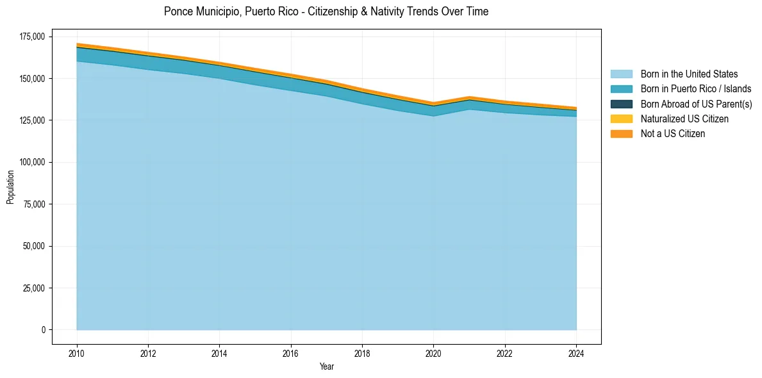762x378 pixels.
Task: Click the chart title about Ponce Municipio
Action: point(326,12)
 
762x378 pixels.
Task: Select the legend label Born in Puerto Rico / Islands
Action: point(696,89)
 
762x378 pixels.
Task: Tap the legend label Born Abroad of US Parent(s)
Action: point(696,104)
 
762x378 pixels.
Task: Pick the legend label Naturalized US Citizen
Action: point(684,119)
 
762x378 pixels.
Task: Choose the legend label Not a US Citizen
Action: point(673,134)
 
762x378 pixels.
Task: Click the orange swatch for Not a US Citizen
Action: point(621,134)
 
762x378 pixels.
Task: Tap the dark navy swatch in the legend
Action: point(621,104)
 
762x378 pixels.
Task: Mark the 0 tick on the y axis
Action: point(44,330)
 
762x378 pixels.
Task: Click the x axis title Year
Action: point(326,367)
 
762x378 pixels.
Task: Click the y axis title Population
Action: point(10,187)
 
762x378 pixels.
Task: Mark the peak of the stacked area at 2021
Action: point(470,97)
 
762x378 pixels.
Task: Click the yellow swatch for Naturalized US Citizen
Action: point(621,119)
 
